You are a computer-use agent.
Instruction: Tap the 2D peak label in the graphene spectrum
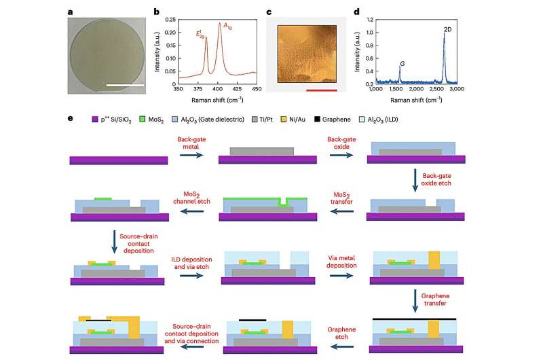pyautogui.click(x=449, y=30)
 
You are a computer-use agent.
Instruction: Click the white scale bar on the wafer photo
pyautogui.click(x=124, y=86)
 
